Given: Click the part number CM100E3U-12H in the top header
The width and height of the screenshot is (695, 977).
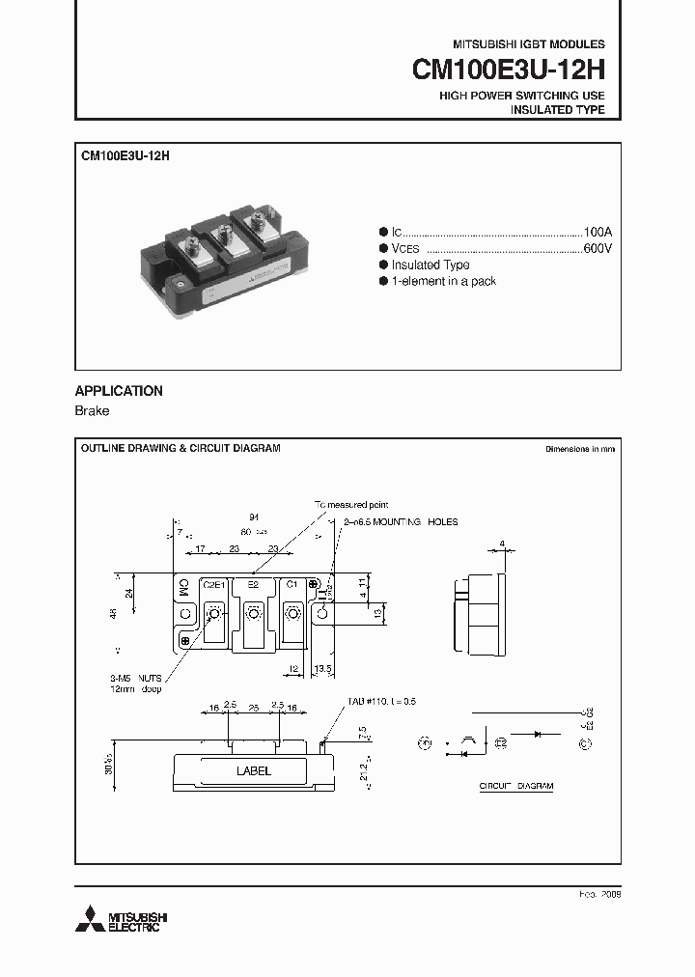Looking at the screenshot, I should [508, 70].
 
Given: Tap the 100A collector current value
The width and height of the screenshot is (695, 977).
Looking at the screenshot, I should [598, 233].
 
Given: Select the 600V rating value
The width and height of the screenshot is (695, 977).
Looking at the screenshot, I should [598, 248].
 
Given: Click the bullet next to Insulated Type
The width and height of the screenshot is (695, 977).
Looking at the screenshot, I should [383, 265].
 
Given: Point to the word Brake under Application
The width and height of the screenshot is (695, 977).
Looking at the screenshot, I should [92, 411].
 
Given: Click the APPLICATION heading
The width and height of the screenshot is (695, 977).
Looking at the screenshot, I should [119, 391].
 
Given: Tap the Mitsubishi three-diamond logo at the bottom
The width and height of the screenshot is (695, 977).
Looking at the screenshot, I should [93, 919].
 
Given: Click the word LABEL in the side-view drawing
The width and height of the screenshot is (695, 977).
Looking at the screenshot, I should [254, 771].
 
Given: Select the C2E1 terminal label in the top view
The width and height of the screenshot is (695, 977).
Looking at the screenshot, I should [213, 585].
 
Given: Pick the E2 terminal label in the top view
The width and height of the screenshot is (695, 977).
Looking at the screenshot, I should [253, 585].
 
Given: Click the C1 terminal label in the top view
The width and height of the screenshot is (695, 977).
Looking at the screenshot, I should [292, 585].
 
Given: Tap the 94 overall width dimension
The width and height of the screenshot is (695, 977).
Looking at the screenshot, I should [254, 517].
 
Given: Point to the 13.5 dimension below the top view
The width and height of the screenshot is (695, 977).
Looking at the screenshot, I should [323, 667].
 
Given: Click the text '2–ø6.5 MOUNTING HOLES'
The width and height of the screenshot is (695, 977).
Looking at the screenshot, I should [401, 522].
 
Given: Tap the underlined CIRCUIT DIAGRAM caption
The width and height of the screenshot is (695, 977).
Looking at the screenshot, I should [516, 787].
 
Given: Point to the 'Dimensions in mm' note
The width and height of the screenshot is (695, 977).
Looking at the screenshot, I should [579, 450].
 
